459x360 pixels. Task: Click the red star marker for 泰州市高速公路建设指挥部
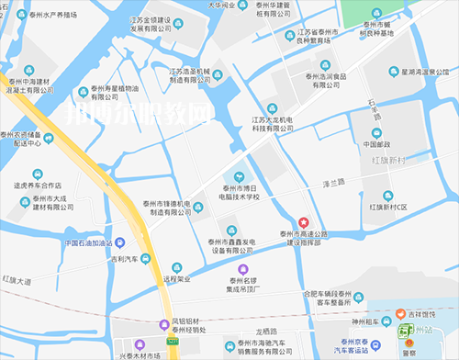tap(304, 221)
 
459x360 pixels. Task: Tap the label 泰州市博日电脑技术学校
tap(240, 192)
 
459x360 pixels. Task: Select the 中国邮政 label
tap(377, 143)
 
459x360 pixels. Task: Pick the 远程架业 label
tap(176, 277)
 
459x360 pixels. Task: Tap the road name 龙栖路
tap(263, 330)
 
